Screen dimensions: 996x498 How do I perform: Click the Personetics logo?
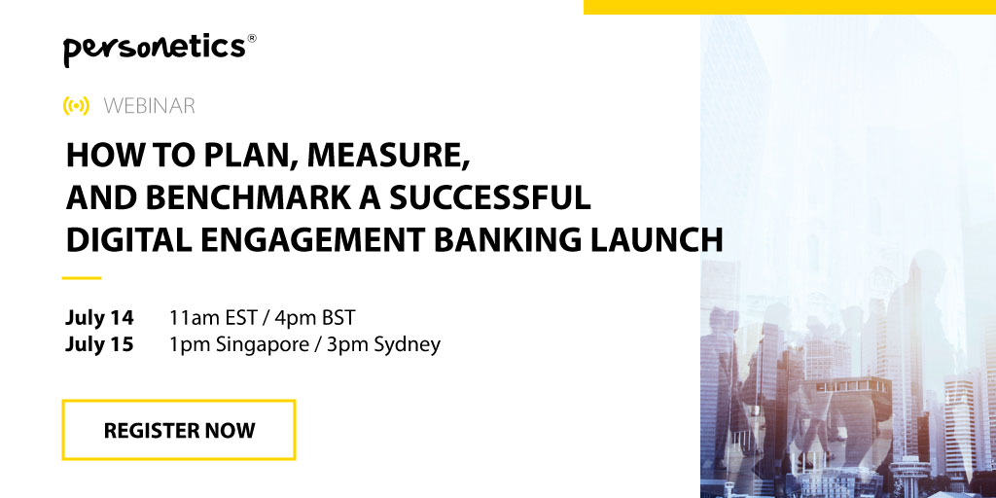(160, 50)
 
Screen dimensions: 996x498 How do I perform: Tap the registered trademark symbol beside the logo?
(252, 38)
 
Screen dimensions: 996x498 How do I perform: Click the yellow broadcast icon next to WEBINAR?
(76, 105)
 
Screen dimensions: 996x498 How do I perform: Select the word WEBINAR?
(149, 106)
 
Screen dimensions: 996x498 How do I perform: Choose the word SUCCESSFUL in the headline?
(490, 198)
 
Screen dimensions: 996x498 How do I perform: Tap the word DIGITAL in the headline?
(121, 240)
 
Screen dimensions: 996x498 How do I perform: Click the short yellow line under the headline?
(82, 277)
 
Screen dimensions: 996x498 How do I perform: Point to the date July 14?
(99, 317)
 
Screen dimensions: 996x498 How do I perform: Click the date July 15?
(99, 344)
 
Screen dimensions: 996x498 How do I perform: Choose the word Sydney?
(408, 345)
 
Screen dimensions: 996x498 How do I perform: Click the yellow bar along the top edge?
(790, 7)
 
